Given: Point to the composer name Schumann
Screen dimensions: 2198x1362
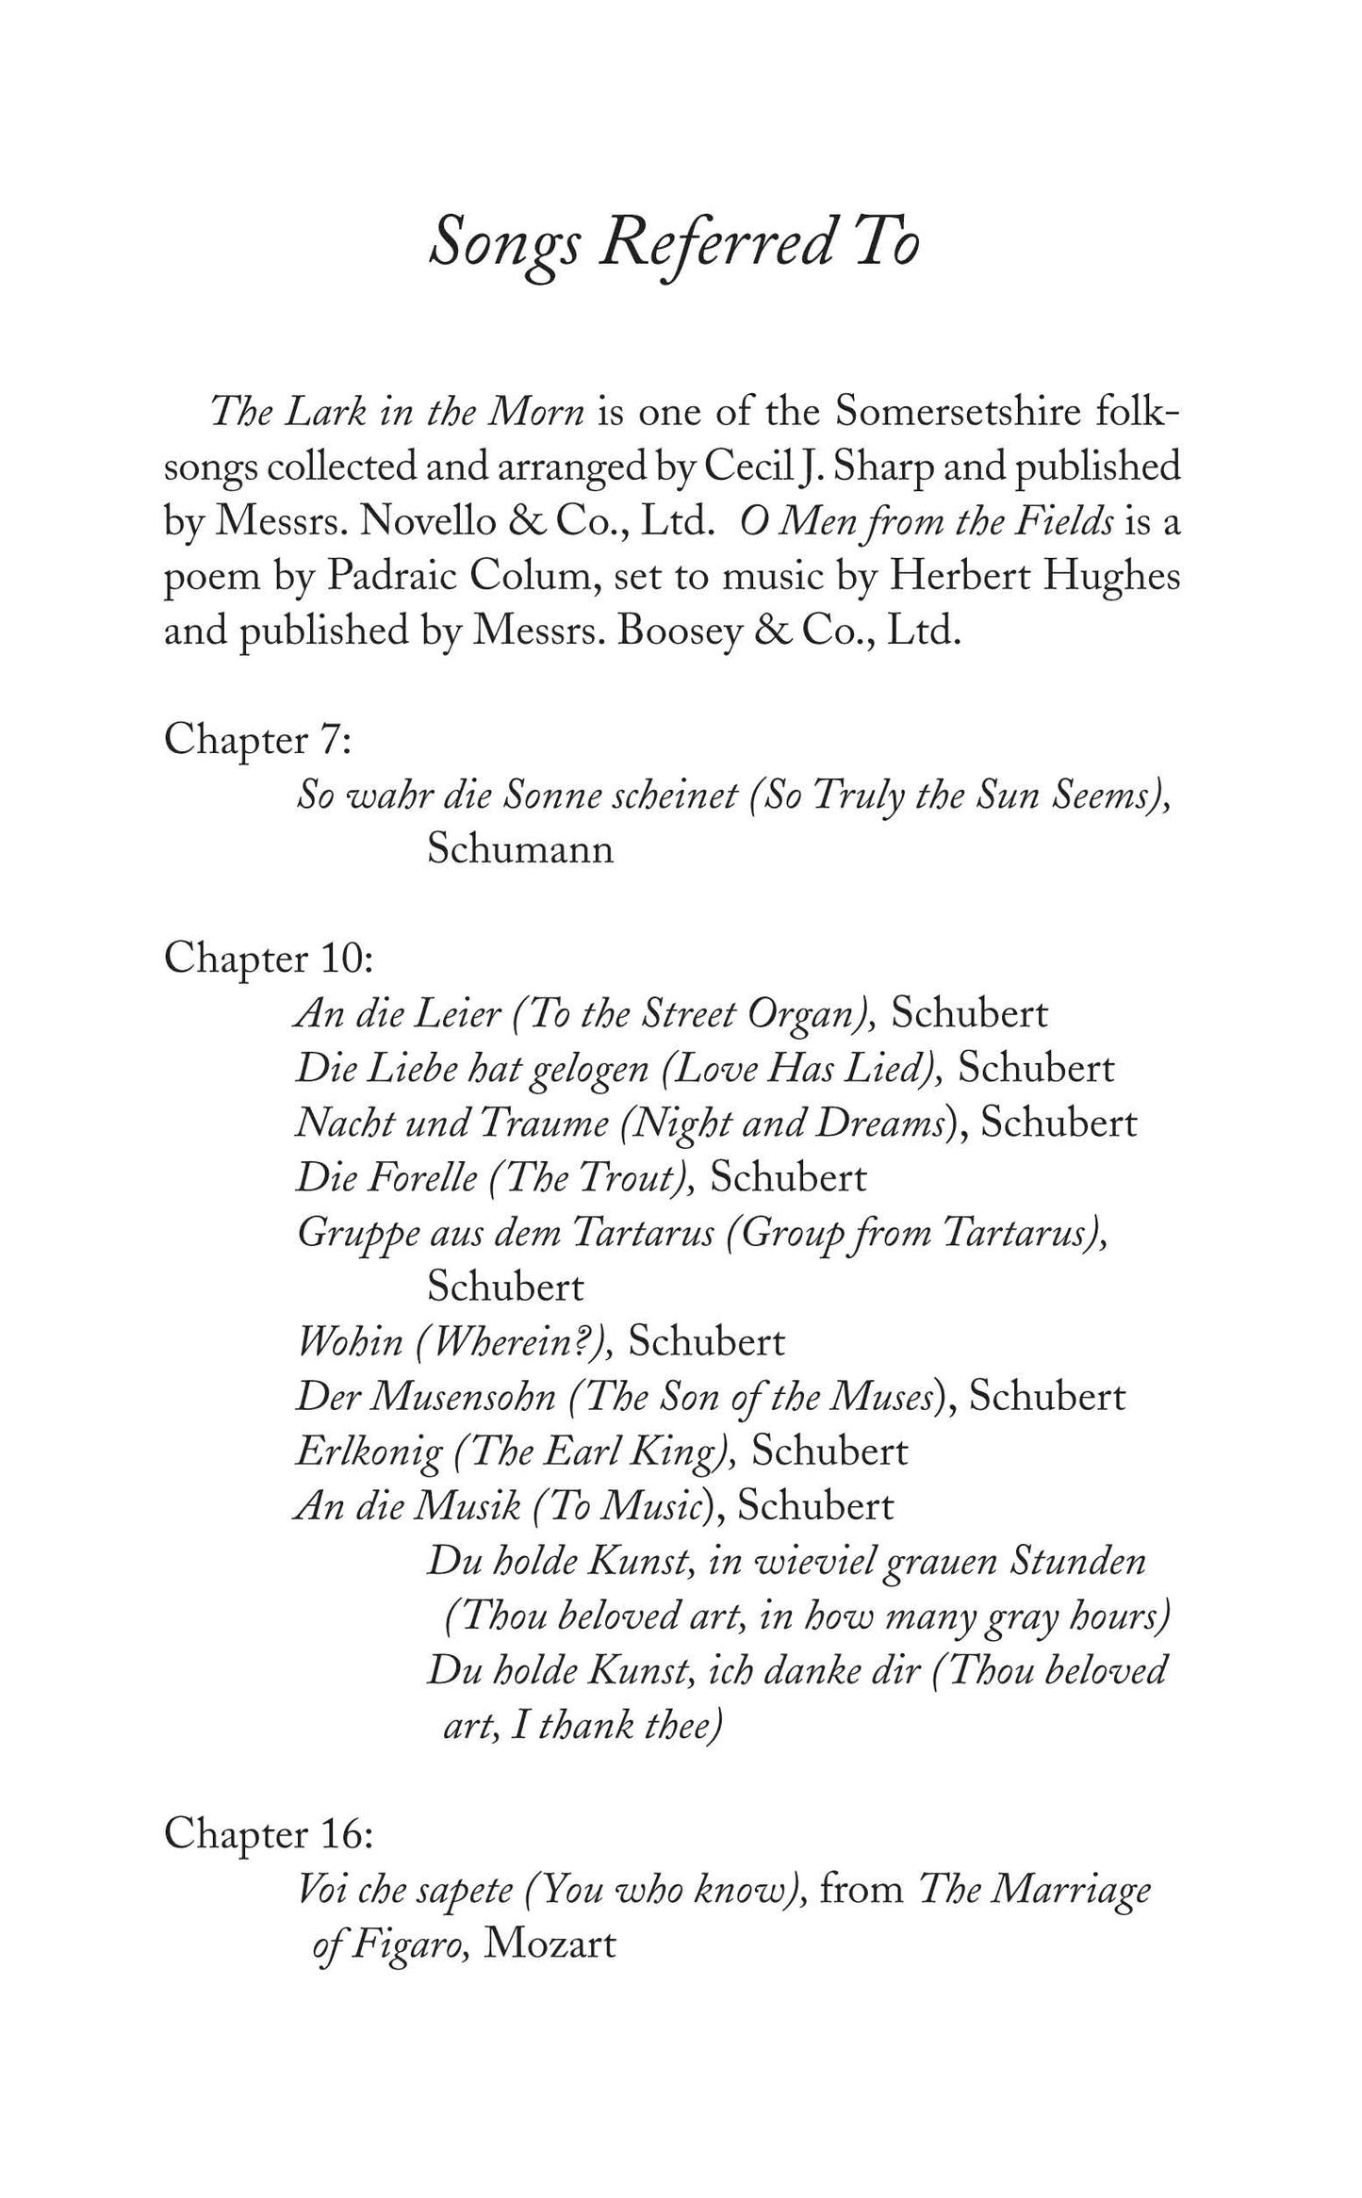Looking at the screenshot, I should coord(520,850).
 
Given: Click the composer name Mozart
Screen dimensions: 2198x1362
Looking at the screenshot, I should coord(550,1944).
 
